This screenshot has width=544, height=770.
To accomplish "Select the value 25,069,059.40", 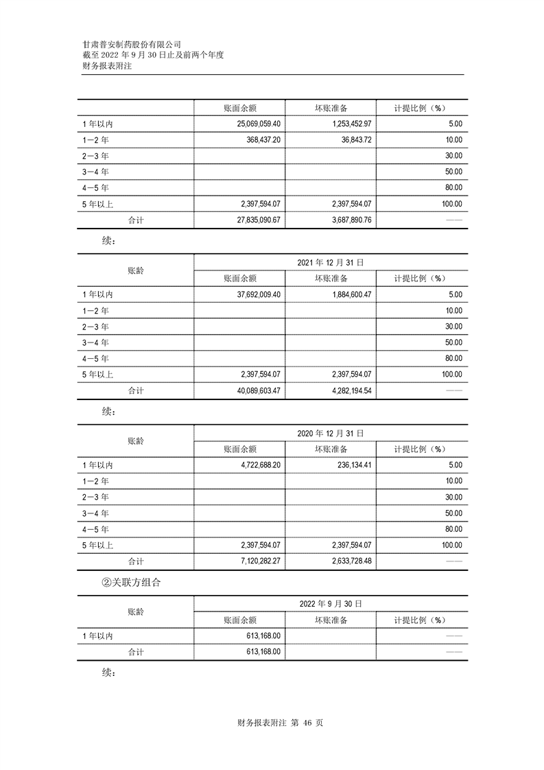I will pyautogui.click(x=254, y=124).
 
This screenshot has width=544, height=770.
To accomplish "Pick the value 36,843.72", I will pyautogui.click(x=353, y=139).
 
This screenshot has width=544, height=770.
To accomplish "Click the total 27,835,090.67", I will pyautogui.click(x=254, y=220).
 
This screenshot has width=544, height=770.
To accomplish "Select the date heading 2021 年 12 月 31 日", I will pyautogui.click(x=330, y=262).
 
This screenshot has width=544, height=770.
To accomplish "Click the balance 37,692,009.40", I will pyautogui.click(x=254, y=294).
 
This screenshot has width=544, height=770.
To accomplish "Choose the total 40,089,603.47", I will pyautogui.click(x=254, y=390).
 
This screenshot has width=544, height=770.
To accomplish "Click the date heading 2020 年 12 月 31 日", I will pyautogui.click(x=330, y=434).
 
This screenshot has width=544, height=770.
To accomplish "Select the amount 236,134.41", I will pyautogui.click(x=350, y=465).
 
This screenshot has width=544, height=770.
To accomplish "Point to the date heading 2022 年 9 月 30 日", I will pyautogui.click(x=330, y=604).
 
